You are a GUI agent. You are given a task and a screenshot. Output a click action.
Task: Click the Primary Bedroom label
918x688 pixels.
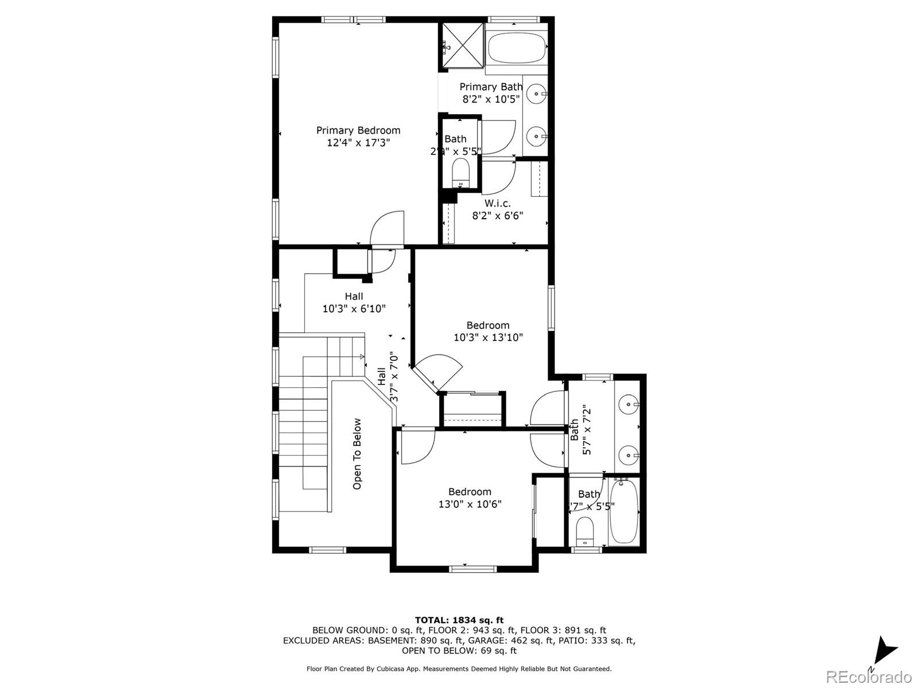358,131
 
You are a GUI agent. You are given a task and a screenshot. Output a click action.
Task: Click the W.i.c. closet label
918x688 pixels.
497,203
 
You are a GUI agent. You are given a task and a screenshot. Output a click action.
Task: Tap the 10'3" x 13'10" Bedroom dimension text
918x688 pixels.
488,337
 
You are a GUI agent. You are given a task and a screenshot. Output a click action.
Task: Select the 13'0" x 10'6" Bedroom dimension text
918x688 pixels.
470,504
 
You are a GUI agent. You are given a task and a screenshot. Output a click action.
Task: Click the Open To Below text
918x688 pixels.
357,454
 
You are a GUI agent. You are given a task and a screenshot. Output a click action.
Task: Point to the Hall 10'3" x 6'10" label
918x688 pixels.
354,302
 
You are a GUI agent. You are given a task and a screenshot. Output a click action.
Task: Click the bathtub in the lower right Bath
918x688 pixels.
623,512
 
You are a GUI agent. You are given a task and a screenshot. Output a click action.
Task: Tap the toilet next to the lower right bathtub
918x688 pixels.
585,531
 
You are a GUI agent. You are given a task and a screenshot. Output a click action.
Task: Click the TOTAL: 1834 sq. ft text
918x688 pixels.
459,620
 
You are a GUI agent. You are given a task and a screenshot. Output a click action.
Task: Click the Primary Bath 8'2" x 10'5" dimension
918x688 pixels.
491,99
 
